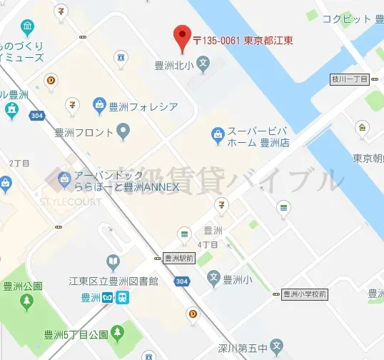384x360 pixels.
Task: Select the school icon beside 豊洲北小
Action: click(203, 65)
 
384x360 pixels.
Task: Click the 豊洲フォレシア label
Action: click(143, 107)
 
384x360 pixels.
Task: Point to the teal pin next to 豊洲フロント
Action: click(123, 131)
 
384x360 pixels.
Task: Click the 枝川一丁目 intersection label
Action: click(348, 79)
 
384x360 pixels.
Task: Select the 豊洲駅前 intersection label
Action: click(178, 258)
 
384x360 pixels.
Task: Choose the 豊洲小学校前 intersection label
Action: click(304, 294)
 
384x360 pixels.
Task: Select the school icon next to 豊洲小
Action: click(213, 278)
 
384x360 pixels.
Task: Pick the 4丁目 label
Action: click(208, 244)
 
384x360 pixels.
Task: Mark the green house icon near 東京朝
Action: click(364, 128)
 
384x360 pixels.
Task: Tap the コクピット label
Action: click(345, 20)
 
